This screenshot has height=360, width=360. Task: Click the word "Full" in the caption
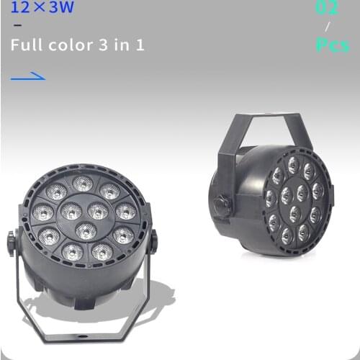pyautogui.click(x=24, y=45)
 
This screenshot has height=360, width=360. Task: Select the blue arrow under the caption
pyautogui.click(x=29, y=76)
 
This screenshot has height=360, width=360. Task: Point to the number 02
pyautogui.click(x=326, y=9)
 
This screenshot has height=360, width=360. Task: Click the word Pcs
pyautogui.click(x=332, y=45)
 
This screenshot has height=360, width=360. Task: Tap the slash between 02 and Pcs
pyautogui.click(x=328, y=27)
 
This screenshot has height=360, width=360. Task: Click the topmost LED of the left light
pyautogui.click(x=82, y=184)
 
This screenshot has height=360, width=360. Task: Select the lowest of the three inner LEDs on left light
pyautogui.click(x=86, y=231)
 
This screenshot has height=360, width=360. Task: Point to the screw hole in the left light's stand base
pyautogui.click(x=82, y=336)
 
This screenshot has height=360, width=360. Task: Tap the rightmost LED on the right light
pyautogui.click(x=318, y=192)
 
